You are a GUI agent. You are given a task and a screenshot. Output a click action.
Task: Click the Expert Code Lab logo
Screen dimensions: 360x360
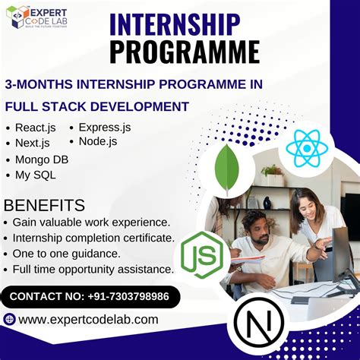pos(36,17)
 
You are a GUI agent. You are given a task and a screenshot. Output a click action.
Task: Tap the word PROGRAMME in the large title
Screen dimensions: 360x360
pos(184,52)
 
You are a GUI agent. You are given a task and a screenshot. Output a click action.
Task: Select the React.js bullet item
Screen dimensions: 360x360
pos(36,128)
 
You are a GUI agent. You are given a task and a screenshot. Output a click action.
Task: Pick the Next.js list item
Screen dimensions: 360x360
pos(33,143)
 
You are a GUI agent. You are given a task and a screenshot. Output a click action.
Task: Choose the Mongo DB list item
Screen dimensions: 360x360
pos(41,159)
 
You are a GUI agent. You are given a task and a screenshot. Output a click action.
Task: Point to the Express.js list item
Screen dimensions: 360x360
pos(104,127)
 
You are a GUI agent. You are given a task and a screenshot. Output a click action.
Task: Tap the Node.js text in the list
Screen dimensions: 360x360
pos(97,141)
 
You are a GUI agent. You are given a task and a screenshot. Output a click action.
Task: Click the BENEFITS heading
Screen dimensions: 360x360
pos(44,205)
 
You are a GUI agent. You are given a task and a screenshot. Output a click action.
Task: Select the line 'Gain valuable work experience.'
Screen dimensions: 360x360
pos(91,222)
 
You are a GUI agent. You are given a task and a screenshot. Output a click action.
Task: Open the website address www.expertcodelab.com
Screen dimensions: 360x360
pos(88,320)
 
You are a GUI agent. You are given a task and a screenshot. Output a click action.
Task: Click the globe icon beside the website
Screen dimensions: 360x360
pos(9,320)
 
